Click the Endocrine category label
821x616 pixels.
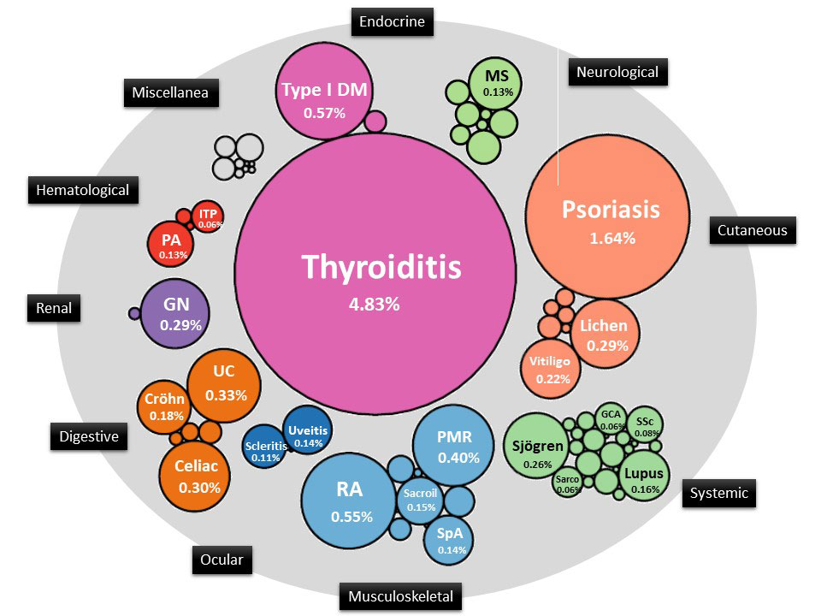392,21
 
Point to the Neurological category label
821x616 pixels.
617,72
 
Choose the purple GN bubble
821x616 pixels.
175,313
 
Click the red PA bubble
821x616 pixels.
172,245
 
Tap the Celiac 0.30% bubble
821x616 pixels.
198,477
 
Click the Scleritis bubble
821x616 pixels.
265,450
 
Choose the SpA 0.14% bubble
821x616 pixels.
450,539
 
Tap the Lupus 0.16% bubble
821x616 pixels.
642,479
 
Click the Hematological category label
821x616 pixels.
83,190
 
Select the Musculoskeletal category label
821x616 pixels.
400,596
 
